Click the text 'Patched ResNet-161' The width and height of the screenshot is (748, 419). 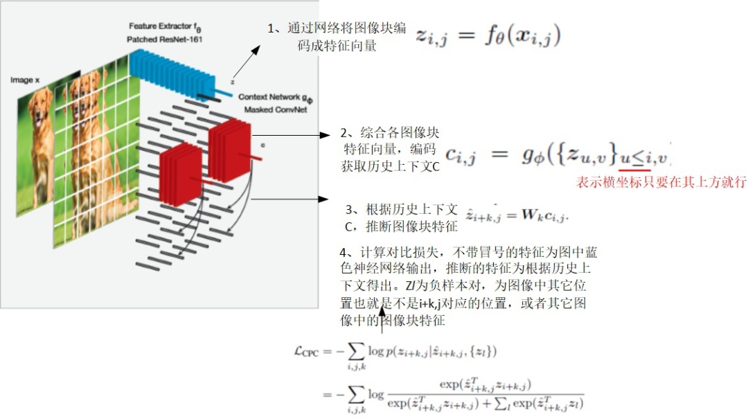tap(164, 39)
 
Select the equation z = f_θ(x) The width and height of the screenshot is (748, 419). tap(488, 36)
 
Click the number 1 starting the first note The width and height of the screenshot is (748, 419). tap(271, 28)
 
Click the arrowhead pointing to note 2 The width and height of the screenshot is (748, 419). tap(328, 136)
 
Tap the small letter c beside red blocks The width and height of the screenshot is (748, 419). tap(262, 146)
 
